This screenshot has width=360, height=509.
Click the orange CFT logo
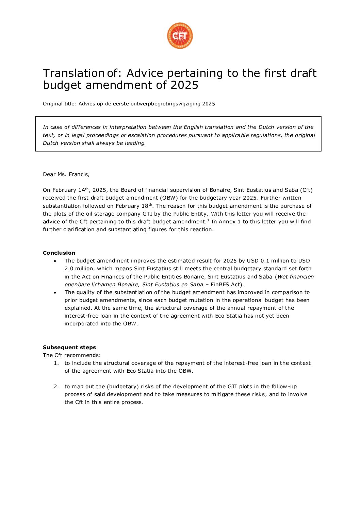[180, 36]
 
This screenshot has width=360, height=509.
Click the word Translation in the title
[73, 73]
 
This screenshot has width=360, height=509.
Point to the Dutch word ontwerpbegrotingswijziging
[166, 104]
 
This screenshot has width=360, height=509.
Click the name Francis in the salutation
[78, 174]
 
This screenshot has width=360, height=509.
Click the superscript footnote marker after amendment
[208, 220]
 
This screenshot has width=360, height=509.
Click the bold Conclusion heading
[59, 253]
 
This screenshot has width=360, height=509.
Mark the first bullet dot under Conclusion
[55, 261]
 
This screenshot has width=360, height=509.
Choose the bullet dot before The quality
[55, 292]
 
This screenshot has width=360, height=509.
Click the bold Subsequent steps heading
[69, 347]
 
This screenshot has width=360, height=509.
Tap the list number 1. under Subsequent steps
[56, 363]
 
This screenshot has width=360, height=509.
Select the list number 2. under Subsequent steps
[56, 387]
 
